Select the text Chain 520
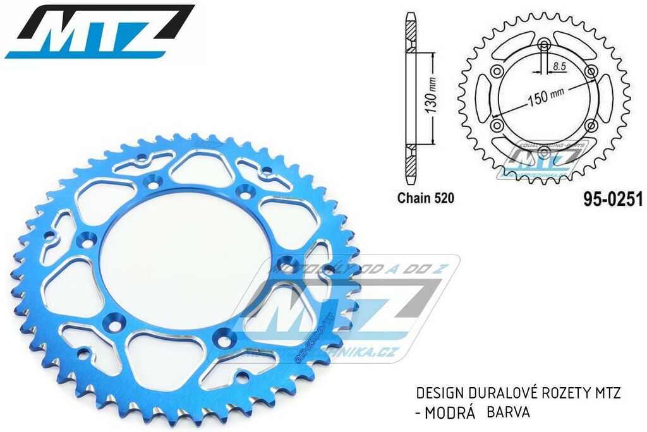425,198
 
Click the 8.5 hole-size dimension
558,65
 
